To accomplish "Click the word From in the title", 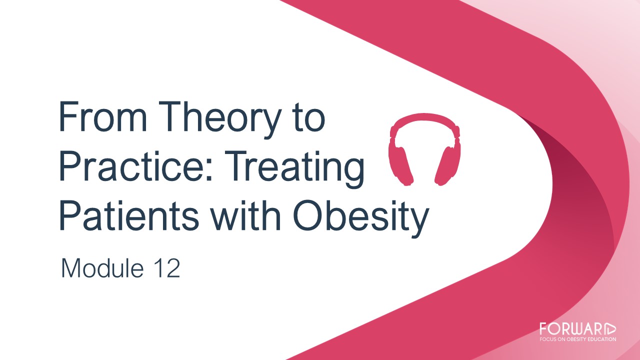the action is [x=103, y=116].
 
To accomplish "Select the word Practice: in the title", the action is [x=136, y=166].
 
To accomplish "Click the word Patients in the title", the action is [x=129, y=215].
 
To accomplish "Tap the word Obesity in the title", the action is [x=361, y=219].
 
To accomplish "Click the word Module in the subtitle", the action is [x=102, y=268].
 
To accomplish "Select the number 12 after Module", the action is [x=167, y=268].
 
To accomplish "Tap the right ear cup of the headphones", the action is [x=447, y=165].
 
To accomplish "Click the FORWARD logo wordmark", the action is [x=577, y=329].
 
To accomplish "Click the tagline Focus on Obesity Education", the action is [x=577, y=339].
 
